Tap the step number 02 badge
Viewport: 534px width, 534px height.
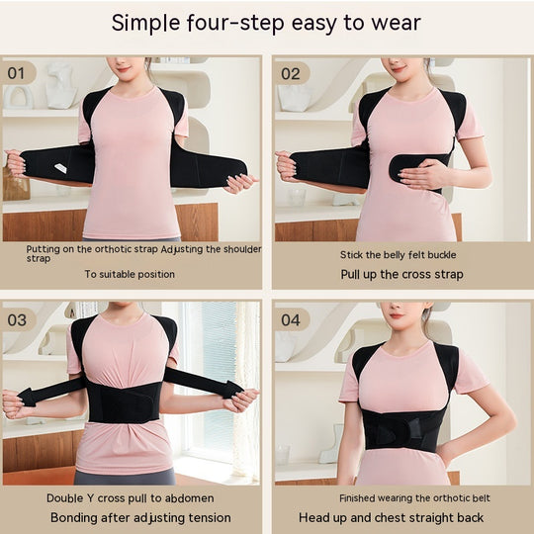[291, 73]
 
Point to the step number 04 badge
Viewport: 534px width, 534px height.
[291, 319]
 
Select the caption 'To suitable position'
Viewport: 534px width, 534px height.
[130, 274]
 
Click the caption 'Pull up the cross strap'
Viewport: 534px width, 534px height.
[401, 274]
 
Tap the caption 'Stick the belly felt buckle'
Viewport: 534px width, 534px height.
[401, 255]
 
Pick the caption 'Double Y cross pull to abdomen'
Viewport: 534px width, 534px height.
[130, 498]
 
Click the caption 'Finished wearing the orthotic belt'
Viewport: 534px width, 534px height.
[401, 498]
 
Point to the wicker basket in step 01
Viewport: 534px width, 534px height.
[14, 185]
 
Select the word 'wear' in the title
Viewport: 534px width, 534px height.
[395, 23]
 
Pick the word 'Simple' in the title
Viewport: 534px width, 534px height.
[144, 23]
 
